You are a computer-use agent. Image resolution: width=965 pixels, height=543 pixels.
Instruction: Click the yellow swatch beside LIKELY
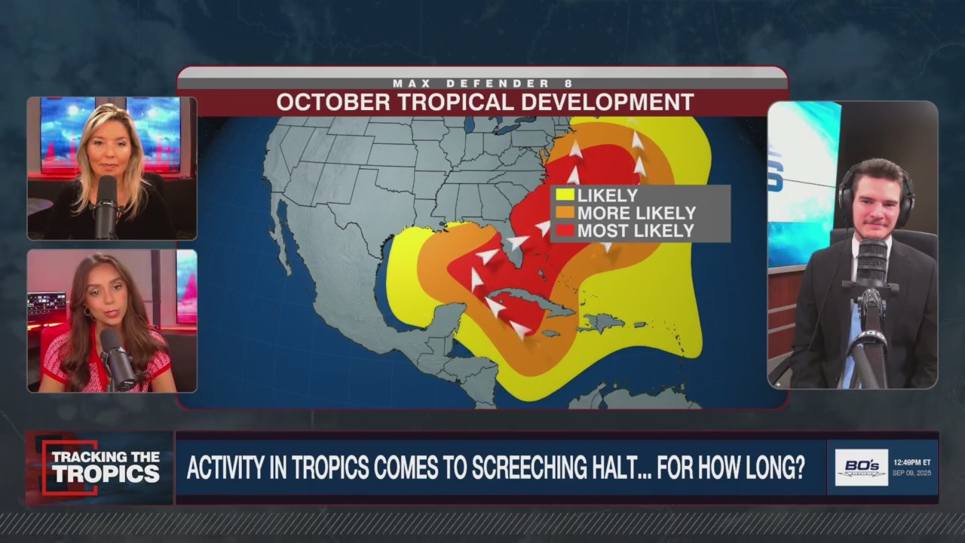click(x=565, y=195)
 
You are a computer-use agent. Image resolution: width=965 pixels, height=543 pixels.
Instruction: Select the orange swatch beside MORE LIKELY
click(x=565, y=213)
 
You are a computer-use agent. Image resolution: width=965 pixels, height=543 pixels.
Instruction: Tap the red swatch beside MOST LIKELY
click(x=565, y=232)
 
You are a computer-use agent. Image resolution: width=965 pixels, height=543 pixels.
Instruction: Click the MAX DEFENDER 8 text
click(x=482, y=83)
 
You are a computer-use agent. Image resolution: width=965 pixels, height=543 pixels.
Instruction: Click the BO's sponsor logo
click(x=861, y=468)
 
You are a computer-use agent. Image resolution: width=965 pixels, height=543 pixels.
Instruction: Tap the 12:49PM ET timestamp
click(x=911, y=462)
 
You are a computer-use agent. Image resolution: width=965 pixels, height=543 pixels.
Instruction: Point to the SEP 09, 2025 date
click(x=911, y=474)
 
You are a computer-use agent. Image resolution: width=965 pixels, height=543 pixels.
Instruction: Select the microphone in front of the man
click(x=873, y=264)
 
